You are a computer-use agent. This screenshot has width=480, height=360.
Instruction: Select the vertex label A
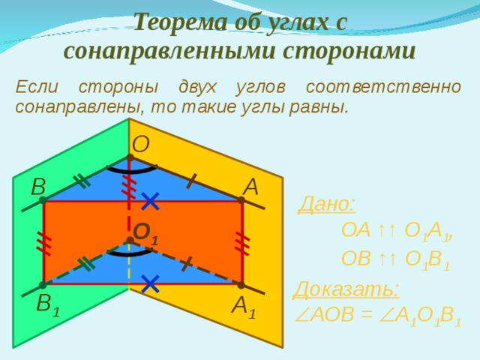click(x=250, y=185)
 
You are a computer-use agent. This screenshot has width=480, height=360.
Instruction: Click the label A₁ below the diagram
click(x=243, y=305)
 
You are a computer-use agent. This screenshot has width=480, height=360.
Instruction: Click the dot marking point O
click(x=130, y=157)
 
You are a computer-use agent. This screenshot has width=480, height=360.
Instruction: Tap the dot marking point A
click(x=241, y=200)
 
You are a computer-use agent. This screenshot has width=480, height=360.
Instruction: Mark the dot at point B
click(x=43, y=200)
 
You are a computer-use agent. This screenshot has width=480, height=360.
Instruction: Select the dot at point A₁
click(x=241, y=284)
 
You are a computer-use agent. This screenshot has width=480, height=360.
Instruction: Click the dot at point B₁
click(x=43, y=285)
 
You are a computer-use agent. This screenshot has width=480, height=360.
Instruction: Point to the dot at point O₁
click(x=130, y=241)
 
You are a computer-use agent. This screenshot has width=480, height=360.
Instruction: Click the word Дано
click(x=327, y=203)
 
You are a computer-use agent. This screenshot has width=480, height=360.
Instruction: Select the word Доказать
click(x=346, y=289)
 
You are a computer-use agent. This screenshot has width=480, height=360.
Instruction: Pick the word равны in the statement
click(x=322, y=106)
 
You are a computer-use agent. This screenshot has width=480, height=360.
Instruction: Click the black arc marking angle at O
click(x=130, y=169)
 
